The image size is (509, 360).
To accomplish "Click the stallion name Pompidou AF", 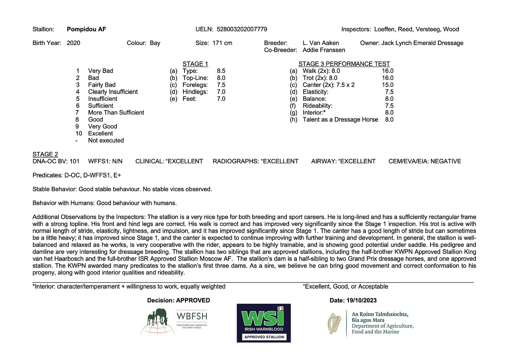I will click(x=86, y=29).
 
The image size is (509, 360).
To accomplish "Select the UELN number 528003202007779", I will click(x=241, y=29).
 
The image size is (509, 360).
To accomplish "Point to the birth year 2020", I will click(x=73, y=43).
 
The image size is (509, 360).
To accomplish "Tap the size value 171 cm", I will click(x=222, y=43).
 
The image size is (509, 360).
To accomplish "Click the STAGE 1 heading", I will click(x=195, y=64).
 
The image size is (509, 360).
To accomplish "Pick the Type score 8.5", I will click(x=221, y=71).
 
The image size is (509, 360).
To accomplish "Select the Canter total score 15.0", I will click(x=387, y=85).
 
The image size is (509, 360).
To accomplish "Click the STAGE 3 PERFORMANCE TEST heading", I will click(x=344, y=64).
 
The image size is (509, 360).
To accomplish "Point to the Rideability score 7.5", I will click(x=389, y=106).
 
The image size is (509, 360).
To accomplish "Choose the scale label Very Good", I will click(x=102, y=126).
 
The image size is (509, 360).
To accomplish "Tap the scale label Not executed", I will click(x=106, y=141).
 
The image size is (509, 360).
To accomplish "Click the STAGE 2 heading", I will click(x=45, y=154).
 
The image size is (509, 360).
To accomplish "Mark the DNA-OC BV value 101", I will click(x=74, y=161).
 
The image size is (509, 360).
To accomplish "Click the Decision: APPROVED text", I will click(x=178, y=300).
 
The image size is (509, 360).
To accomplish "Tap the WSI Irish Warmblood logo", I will click(x=263, y=323).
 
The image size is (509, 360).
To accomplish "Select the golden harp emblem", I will click(x=335, y=323).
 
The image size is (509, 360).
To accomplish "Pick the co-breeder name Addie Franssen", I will click(x=324, y=50).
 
